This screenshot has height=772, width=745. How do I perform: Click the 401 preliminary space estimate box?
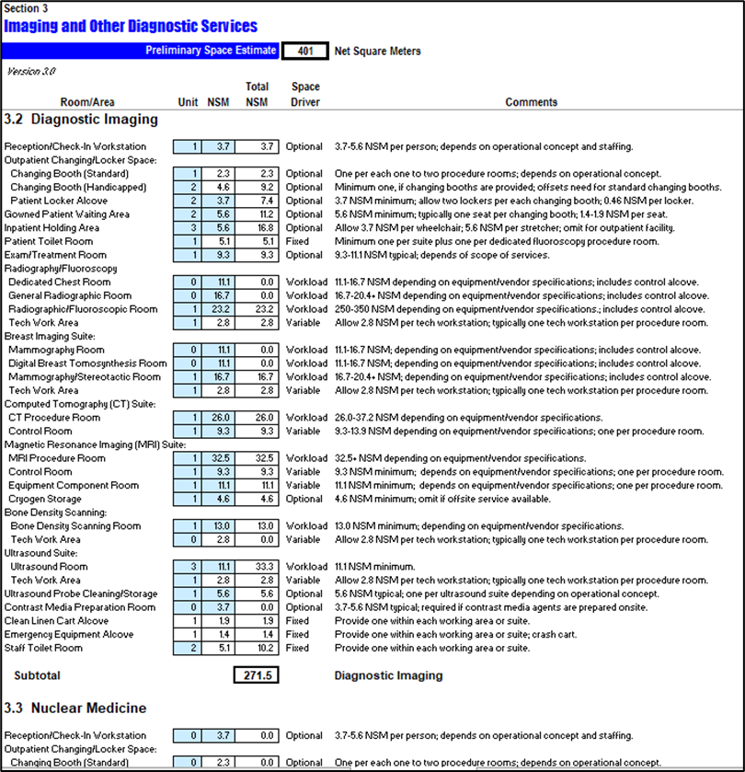pyautogui.click(x=304, y=52)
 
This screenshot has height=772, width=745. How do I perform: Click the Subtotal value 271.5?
pyautogui.click(x=257, y=675)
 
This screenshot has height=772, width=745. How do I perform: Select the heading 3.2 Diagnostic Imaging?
pyautogui.click(x=81, y=120)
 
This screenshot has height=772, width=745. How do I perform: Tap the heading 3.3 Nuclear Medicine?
pyautogui.click(x=75, y=709)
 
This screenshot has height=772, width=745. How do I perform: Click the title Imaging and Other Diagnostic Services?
pyautogui.click(x=131, y=27)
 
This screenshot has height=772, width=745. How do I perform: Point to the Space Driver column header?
pyautogui.click(x=305, y=95)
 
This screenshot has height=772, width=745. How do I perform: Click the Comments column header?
pyautogui.click(x=531, y=102)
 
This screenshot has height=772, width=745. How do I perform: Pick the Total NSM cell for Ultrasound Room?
pyautogui.click(x=257, y=567)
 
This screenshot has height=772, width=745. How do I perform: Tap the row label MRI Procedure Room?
pyautogui.click(x=57, y=458)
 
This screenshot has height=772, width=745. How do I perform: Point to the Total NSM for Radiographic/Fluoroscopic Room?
pyautogui.click(x=257, y=310)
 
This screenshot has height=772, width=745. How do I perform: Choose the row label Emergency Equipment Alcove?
pyautogui.click(x=70, y=635)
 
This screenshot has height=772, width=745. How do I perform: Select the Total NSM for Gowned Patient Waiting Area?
pyautogui.click(x=257, y=214)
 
